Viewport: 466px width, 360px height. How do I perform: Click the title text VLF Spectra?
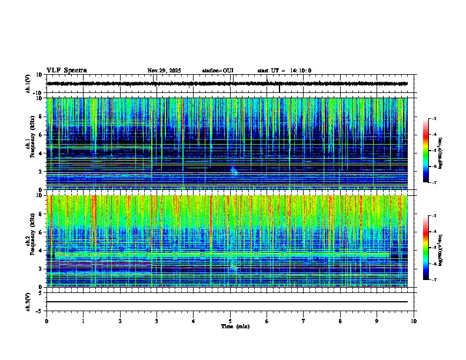(x=66, y=71)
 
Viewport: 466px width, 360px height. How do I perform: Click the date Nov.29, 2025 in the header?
(x=164, y=71)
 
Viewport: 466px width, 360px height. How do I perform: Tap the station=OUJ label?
(x=218, y=71)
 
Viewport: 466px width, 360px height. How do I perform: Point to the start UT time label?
(x=284, y=71)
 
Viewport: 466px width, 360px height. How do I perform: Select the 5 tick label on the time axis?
(x=230, y=321)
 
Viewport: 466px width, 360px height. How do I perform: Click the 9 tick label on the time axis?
(x=377, y=321)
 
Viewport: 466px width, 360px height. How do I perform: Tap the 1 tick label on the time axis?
(x=83, y=321)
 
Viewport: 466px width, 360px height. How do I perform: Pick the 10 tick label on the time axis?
(x=414, y=321)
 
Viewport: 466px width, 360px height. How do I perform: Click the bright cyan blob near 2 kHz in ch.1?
(x=234, y=171)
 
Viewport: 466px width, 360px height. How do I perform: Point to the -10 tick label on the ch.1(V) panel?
(x=39, y=93)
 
